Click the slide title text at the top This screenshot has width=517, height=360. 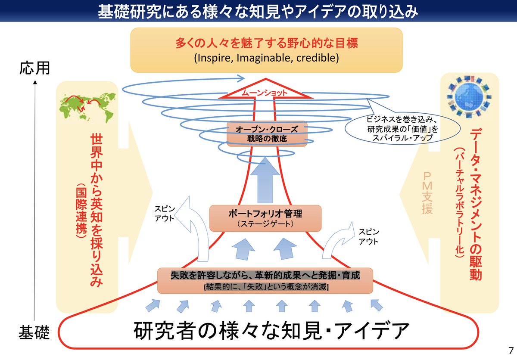pyautogui.click(x=258, y=11)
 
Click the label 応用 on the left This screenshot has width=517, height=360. pyautogui.click(x=35, y=68)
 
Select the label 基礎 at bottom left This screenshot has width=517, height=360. pyautogui.click(x=34, y=332)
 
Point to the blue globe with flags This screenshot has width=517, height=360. pyautogui.click(x=469, y=98)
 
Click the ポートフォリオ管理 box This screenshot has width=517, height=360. pyautogui.click(x=265, y=218)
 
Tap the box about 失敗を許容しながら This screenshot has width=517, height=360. pyautogui.click(x=265, y=280)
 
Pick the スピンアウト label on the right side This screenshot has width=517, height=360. pyautogui.click(x=369, y=236)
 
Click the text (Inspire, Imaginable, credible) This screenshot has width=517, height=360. pyautogui.click(x=266, y=58)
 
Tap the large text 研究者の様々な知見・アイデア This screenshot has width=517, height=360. pyautogui.click(x=271, y=332)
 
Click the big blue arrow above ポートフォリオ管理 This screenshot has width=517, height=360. pyautogui.click(x=265, y=181)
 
